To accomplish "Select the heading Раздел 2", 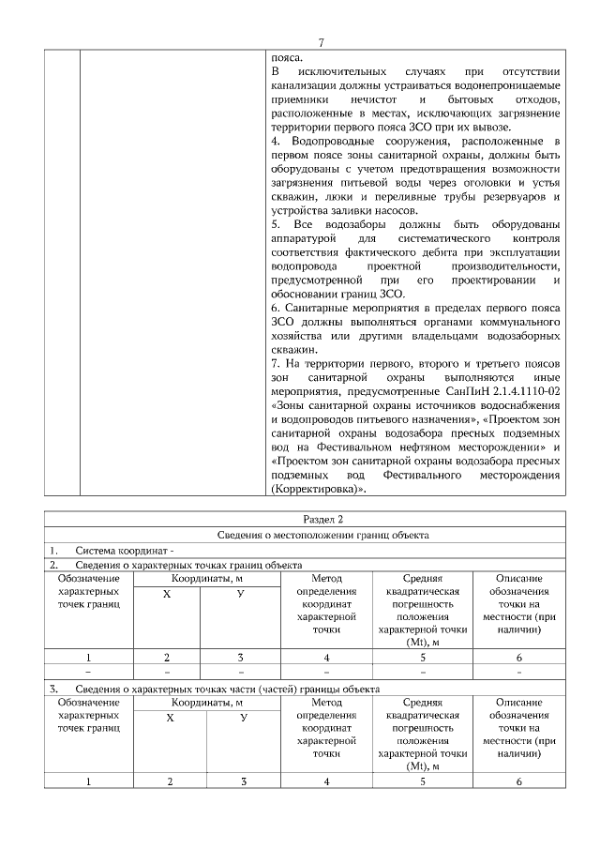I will coord(322,519).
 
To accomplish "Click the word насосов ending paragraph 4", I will coord(405,211).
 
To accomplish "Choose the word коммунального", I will coord(520,322).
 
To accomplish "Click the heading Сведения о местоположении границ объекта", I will coord(322,535).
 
